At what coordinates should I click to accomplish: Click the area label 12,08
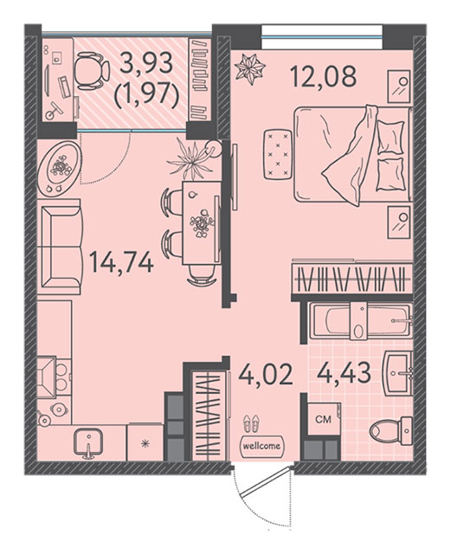(323, 76)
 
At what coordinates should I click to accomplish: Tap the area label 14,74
(121, 262)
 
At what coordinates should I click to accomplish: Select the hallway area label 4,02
(265, 375)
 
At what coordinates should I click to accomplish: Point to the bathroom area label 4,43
(344, 373)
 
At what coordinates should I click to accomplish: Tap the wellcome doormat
(262, 446)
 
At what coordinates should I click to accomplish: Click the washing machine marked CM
(324, 419)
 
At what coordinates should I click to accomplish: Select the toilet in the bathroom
(391, 431)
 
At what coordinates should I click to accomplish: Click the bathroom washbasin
(398, 372)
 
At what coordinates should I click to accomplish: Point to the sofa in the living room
(60, 247)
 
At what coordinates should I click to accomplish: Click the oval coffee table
(60, 168)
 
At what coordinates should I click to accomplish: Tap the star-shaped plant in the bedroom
(250, 68)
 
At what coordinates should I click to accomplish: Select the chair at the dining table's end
(202, 274)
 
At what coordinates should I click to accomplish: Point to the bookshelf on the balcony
(201, 80)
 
